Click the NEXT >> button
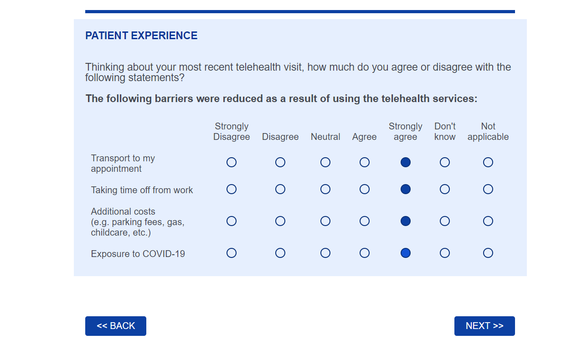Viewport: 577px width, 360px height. pos(484,326)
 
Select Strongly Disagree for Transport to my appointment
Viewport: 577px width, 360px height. pos(232,162)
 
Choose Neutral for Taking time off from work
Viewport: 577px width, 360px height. pos(325,189)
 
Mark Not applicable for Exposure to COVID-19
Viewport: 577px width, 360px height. pos(488,253)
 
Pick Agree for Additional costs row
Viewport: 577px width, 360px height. pos(364,221)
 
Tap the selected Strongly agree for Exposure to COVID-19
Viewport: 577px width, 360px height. pos(406,253)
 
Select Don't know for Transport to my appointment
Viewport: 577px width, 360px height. pos(444,162)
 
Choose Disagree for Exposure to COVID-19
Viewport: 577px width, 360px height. pos(280,253)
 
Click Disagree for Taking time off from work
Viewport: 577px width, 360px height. pos(280,189)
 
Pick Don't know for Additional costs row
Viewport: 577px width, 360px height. pos(444,221)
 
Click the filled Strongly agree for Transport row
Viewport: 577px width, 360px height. pos(406,162)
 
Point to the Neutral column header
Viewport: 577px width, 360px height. pos(325,137)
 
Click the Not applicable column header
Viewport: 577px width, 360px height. pos(488,132)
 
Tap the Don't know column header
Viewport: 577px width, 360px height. pos(444,132)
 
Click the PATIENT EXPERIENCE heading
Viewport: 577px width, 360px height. pos(141,36)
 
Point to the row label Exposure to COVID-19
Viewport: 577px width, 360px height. pos(138,254)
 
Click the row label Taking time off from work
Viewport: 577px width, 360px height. pos(142,190)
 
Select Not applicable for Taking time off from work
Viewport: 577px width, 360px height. pos(488,189)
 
